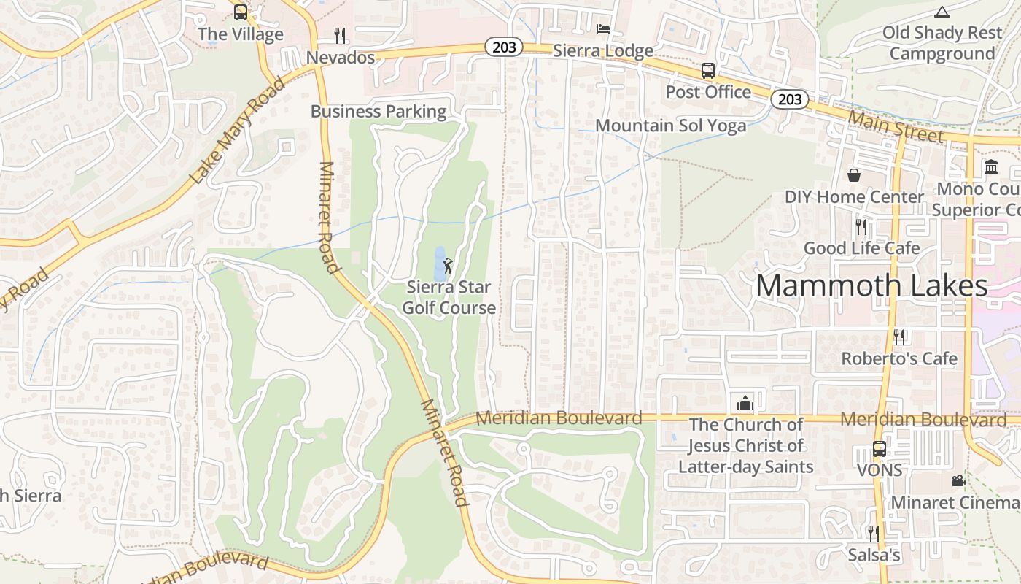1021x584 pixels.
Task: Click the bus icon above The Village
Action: tap(241, 12)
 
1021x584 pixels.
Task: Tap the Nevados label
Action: tap(341, 57)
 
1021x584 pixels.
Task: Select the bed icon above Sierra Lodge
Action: tap(603, 29)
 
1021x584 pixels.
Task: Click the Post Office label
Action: tap(708, 92)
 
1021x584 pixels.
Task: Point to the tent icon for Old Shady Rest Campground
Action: tap(942, 12)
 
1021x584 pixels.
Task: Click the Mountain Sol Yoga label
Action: tap(671, 126)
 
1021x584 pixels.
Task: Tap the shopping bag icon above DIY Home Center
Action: tap(854, 175)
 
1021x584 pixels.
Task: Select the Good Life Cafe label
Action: tap(861, 248)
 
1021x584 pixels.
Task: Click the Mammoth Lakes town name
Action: tap(871, 285)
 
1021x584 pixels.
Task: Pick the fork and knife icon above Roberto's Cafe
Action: tap(899, 337)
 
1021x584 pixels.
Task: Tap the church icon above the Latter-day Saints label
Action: tap(745, 402)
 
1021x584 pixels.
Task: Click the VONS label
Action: tap(880, 470)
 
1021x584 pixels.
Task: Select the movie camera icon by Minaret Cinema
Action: tap(958, 480)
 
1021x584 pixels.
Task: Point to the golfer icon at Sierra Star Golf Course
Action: tap(448, 265)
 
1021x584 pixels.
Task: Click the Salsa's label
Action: tap(874, 556)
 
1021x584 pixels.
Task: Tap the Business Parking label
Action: tap(378, 112)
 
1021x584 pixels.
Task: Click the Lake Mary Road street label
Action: tap(237, 131)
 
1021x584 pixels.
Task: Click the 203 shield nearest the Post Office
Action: tap(790, 99)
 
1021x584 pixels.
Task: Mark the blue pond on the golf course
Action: tap(440, 264)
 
